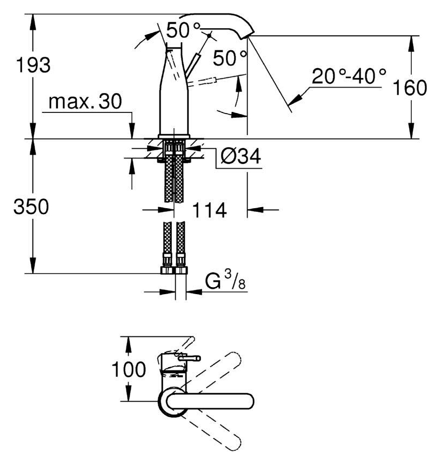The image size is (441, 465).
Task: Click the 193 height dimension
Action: coord(33,65)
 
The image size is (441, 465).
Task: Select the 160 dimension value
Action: coord(410,87)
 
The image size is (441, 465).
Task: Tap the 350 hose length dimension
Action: coord(31,207)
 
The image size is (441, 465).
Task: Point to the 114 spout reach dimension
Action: coord(210,210)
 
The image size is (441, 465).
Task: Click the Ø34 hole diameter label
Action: coord(240,156)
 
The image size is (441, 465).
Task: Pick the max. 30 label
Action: coord(85,101)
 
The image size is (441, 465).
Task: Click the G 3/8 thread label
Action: coord(225,280)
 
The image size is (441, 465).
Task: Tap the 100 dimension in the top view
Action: coord(129,369)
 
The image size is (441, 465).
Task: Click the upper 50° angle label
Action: coord(183,30)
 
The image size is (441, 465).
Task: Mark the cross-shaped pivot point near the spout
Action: coord(209,35)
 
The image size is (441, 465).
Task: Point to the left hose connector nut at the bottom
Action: coord(167,270)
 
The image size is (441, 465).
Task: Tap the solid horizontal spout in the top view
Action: coord(210,402)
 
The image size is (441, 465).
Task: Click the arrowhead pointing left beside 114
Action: coord(255,210)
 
